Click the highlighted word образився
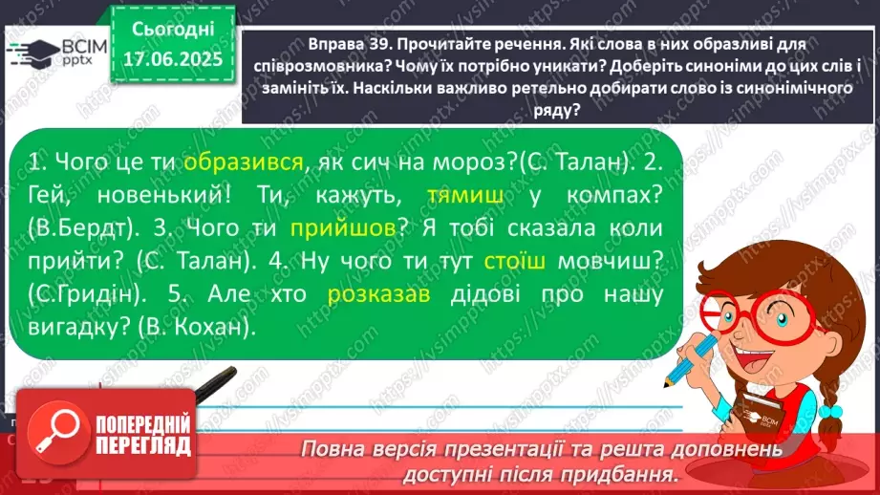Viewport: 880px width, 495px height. point(244,161)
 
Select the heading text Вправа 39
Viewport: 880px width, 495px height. point(345,44)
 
